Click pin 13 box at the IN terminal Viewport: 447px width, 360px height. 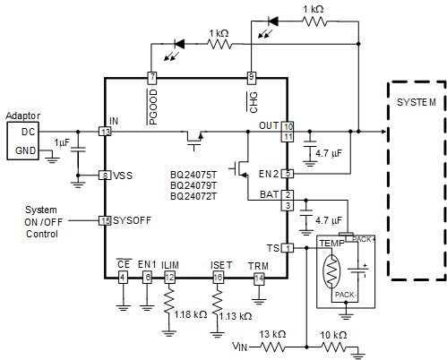click(106, 132)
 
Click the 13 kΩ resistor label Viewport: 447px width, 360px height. click(272, 334)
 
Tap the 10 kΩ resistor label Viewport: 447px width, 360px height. click(333, 334)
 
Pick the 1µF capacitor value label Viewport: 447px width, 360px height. click(61, 143)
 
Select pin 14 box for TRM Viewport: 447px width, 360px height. click(259, 279)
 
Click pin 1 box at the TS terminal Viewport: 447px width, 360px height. click(288, 247)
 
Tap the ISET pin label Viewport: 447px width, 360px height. click(221, 265)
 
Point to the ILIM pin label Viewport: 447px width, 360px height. click(170, 265)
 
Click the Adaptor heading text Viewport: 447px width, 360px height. click(23, 116)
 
